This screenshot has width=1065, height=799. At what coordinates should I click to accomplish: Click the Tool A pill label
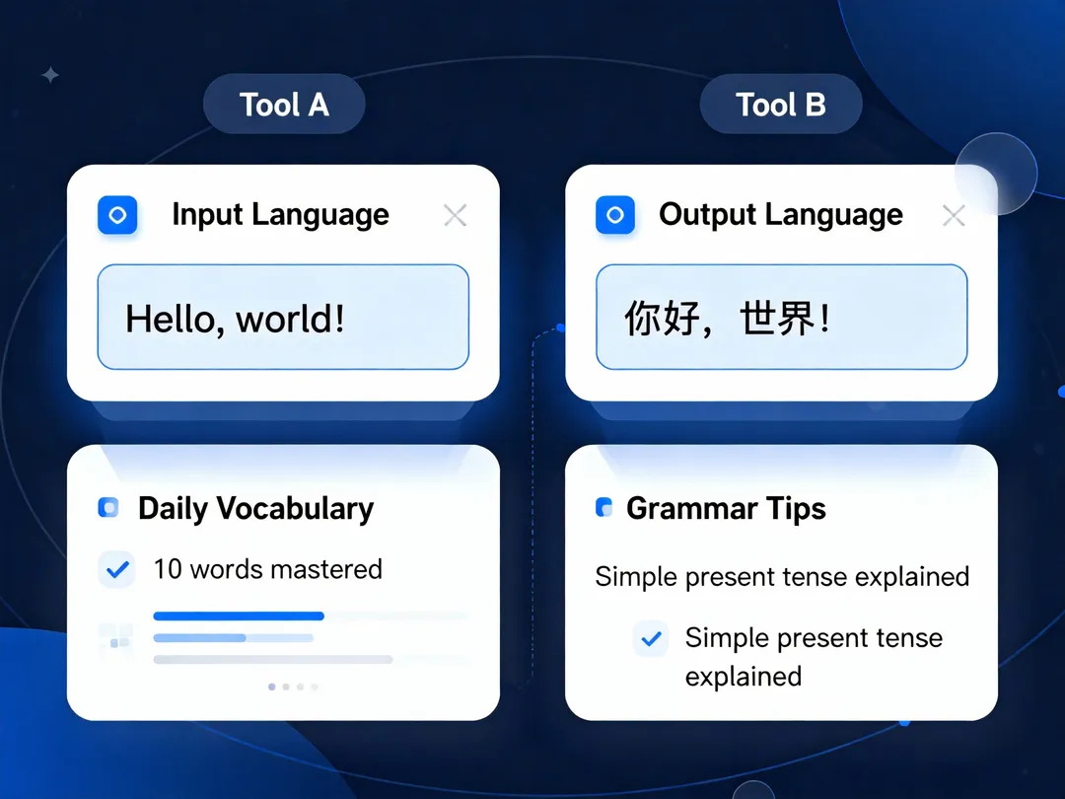coord(284,104)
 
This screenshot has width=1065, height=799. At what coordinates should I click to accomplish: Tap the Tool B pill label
coord(781,104)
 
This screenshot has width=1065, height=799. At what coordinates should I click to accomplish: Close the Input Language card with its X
coord(455,215)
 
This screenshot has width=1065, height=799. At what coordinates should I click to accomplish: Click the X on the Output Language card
coord(954,215)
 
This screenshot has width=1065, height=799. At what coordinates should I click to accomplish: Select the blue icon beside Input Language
coord(117,215)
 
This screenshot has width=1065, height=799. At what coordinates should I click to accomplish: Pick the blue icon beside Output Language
coord(615,215)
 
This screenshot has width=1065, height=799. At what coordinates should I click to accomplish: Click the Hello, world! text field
coord(283,317)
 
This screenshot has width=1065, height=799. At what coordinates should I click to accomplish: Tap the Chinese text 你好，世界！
coord(727,318)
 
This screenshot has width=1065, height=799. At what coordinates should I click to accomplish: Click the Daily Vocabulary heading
coord(256,509)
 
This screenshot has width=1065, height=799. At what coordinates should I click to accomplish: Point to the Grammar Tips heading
coord(726,509)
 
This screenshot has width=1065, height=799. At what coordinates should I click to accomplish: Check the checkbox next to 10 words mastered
coord(117,569)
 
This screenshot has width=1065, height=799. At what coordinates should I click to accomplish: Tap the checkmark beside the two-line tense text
coord(652,638)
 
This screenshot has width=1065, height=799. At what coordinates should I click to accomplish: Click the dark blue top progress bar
coord(239,617)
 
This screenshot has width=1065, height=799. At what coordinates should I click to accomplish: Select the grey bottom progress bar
coord(273,659)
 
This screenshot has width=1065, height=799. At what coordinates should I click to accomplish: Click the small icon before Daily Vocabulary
coord(108,508)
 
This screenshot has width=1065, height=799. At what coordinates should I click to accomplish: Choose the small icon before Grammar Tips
coord(603,508)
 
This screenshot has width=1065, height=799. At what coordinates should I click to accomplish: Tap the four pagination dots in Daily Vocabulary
coord(293,687)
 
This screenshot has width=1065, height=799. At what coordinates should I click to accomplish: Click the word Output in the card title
coord(706,215)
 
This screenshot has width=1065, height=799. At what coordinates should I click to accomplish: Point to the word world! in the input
coord(290,318)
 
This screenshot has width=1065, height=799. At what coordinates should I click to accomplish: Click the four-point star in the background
coord(50,75)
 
